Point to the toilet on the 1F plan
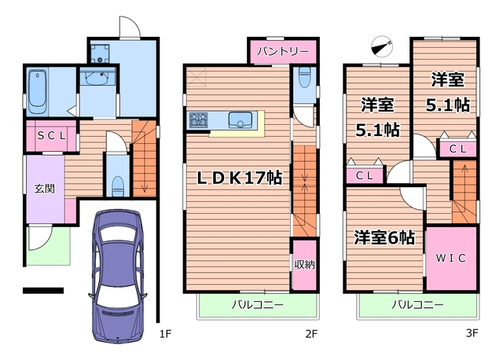117,185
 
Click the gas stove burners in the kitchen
198,120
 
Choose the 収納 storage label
304,264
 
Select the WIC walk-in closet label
451,257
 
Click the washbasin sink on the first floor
98,79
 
